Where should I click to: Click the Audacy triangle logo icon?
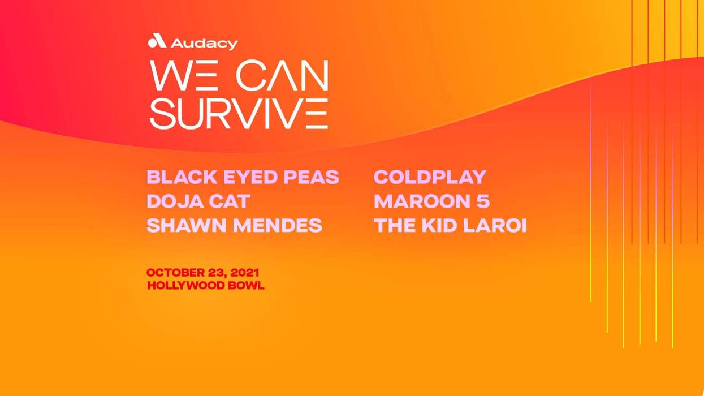tap(157, 41)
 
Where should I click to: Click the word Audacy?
tap(204, 43)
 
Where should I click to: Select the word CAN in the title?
tap(282, 75)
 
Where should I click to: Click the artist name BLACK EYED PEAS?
tap(243, 177)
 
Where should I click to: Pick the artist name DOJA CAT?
tap(198, 201)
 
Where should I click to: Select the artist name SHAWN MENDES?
tap(234, 226)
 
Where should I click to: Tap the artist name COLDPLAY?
tap(430, 177)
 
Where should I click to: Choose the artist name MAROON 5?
tap(431, 201)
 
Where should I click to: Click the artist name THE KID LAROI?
tap(450, 226)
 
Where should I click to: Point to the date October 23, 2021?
tap(203, 273)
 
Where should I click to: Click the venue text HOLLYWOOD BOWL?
tap(205, 286)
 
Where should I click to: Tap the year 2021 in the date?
tap(245, 273)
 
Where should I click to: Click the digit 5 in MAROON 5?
tap(483, 201)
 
